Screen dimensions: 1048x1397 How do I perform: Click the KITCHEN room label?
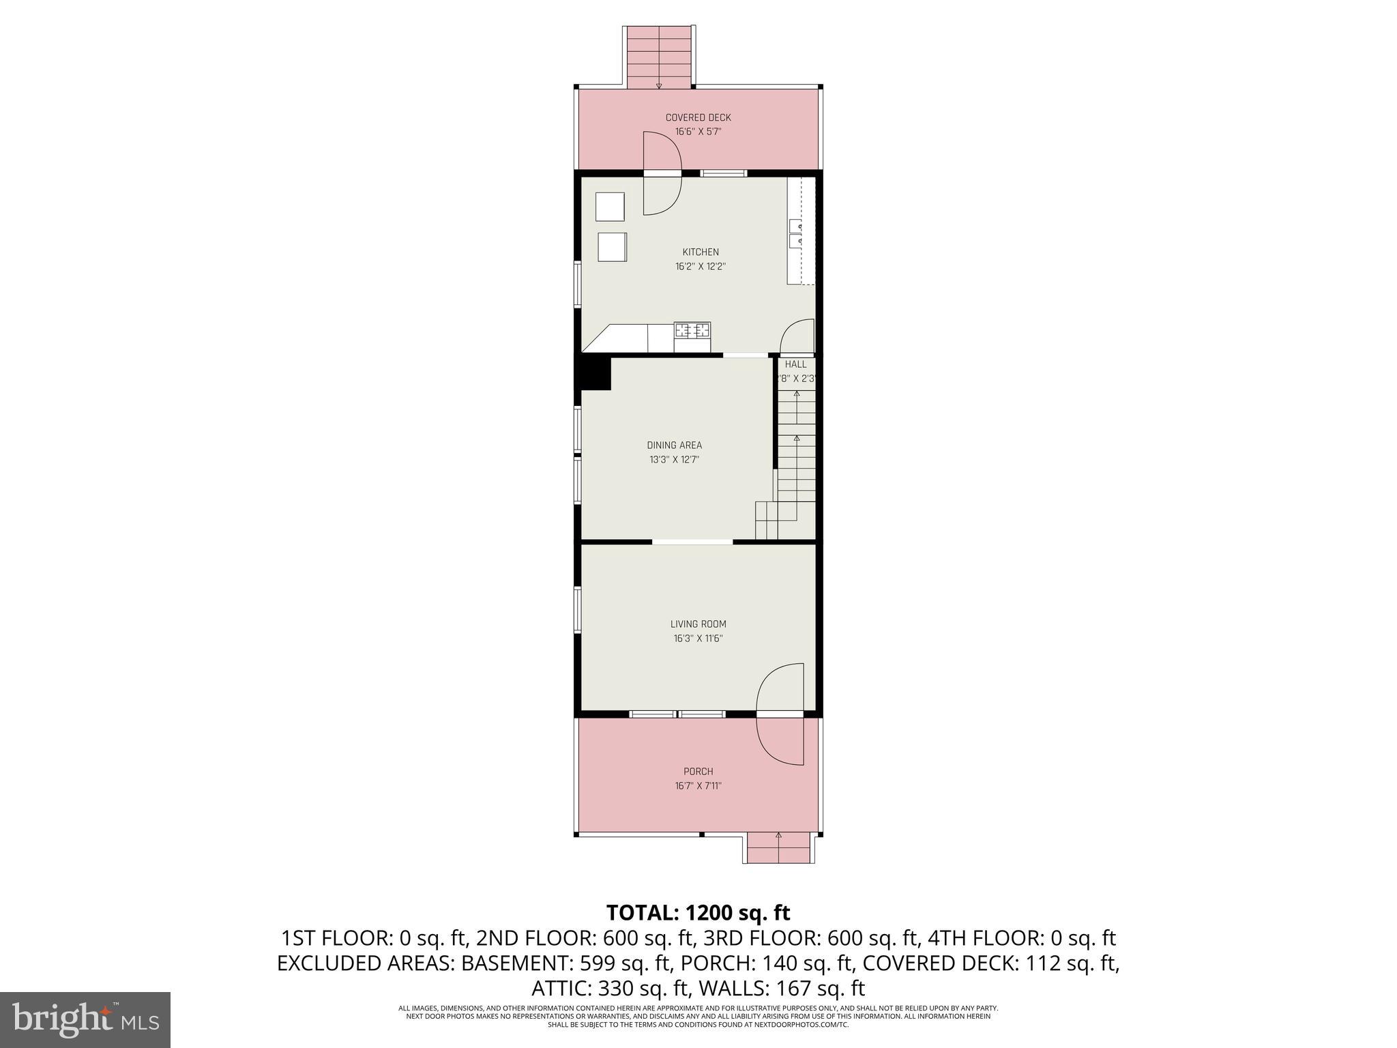(700, 252)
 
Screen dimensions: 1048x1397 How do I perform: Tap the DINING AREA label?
(674, 446)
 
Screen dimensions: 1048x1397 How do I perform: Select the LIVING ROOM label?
(698, 624)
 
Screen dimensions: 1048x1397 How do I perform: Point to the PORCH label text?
(698, 772)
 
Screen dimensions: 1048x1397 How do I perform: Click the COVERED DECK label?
(698, 118)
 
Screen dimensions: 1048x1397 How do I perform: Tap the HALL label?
(795, 364)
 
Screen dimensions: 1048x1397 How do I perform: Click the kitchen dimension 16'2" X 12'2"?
(700, 267)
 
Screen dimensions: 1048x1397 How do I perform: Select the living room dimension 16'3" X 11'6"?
(698, 639)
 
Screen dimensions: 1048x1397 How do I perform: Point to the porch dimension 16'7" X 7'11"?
(698, 786)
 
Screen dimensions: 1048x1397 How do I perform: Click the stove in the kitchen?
(692, 331)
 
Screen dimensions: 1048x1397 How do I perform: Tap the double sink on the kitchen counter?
(795, 234)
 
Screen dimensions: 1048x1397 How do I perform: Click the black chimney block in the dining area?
(595, 374)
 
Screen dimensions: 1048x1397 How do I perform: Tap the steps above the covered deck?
(659, 57)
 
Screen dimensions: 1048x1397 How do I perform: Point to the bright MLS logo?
(85, 1020)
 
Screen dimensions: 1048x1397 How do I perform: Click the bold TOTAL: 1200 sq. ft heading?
(698, 912)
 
